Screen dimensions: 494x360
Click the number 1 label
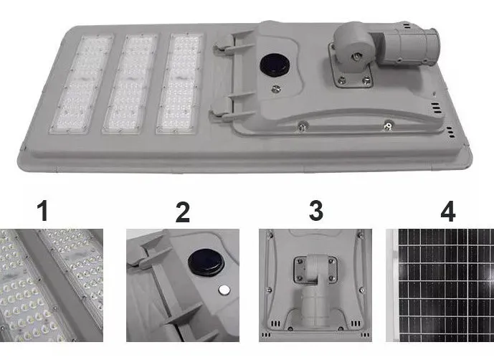42,211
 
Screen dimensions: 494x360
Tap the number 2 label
183,212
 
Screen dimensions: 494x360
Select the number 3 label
316,211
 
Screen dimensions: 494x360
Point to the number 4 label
447,212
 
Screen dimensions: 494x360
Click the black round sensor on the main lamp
274,66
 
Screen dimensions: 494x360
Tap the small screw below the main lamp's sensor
276,89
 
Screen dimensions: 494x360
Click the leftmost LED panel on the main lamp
82,85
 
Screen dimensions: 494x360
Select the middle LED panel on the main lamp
130,84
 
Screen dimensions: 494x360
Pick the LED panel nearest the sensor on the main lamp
179,83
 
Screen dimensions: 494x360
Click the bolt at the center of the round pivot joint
356,57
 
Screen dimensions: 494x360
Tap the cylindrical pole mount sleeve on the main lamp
408,46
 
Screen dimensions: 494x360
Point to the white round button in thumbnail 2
224,290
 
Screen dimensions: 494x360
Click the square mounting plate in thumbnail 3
315,270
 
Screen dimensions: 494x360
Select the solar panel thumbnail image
440,285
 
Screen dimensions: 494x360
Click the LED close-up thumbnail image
52,285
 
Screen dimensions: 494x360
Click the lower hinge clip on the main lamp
232,109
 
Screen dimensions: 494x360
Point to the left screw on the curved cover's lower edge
303,125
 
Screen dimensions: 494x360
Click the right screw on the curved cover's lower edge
389,125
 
